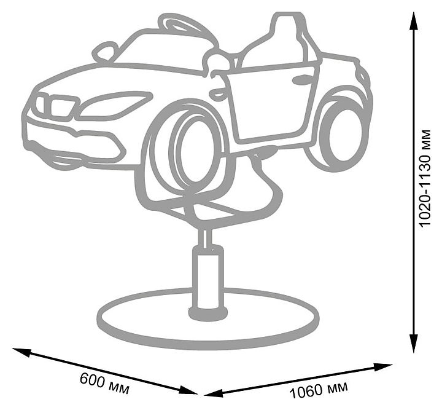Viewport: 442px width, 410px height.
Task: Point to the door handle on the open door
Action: pos(302,80)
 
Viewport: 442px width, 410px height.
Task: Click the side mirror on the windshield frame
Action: pos(106,52)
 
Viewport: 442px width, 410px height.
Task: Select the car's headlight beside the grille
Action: pos(114,104)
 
